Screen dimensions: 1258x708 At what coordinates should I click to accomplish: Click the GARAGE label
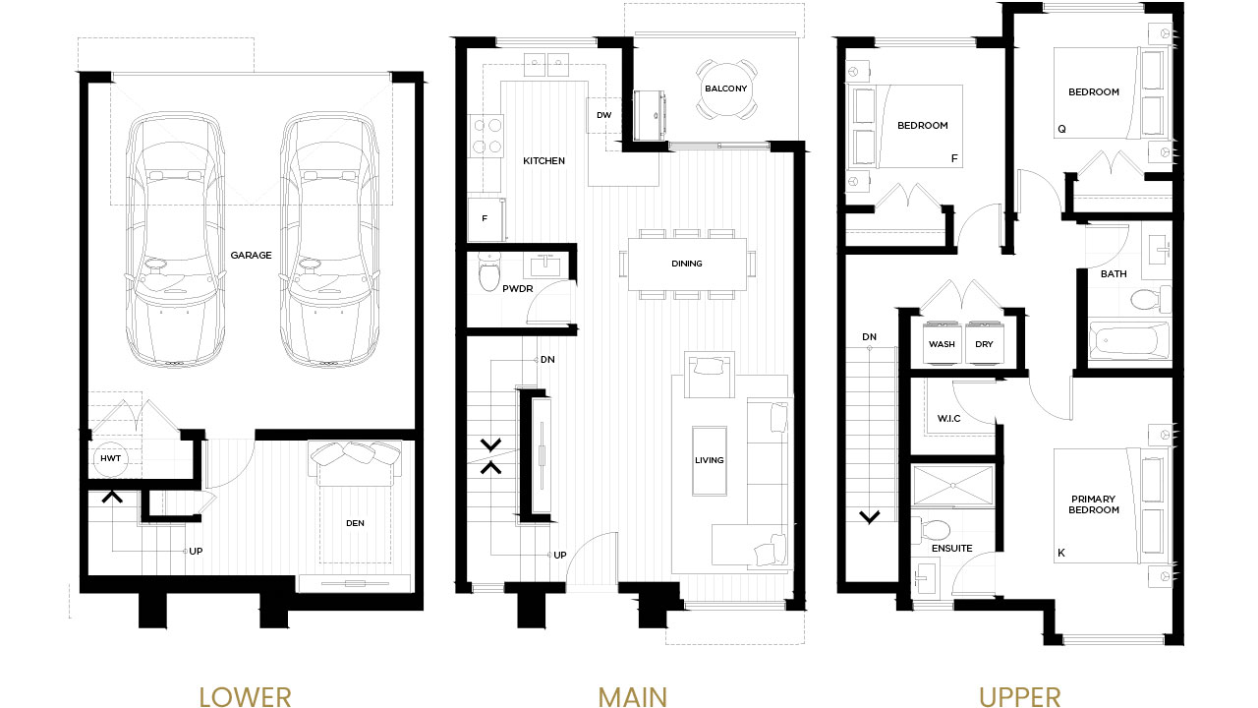pyautogui.click(x=251, y=255)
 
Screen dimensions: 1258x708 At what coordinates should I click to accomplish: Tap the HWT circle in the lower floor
pyautogui.click(x=111, y=458)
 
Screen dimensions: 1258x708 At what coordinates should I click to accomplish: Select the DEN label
pyautogui.click(x=355, y=523)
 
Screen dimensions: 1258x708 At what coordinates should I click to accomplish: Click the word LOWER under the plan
pyautogui.click(x=246, y=697)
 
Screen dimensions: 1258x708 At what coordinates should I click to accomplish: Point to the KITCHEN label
pyautogui.click(x=543, y=160)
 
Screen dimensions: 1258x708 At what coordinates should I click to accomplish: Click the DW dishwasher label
pyautogui.click(x=603, y=115)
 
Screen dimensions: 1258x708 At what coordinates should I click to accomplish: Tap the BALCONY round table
pyautogui.click(x=726, y=88)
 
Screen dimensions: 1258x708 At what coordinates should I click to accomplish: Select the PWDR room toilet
pyautogui.click(x=489, y=272)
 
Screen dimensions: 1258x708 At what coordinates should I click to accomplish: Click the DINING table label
pyautogui.click(x=687, y=264)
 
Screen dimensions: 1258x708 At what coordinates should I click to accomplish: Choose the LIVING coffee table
pyautogui.click(x=710, y=461)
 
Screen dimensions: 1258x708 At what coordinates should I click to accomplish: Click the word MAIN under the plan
pyautogui.click(x=632, y=697)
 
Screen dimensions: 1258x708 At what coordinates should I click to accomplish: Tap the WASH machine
pyautogui.click(x=942, y=343)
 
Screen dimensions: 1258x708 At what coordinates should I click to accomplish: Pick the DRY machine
pyautogui.click(x=984, y=343)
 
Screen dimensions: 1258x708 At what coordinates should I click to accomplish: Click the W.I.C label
pyautogui.click(x=948, y=419)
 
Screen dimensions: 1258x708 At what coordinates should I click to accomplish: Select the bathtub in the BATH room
pyautogui.click(x=1130, y=340)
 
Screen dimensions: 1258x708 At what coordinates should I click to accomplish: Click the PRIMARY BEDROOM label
pyautogui.click(x=1093, y=504)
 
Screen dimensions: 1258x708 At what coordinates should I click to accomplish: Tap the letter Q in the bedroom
pyautogui.click(x=1061, y=129)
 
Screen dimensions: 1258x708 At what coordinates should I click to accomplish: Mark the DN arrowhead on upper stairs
pyautogui.click(x=870, y=517)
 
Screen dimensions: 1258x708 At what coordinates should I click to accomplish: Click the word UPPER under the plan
pyautogui.click(x=1019, y=697)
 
